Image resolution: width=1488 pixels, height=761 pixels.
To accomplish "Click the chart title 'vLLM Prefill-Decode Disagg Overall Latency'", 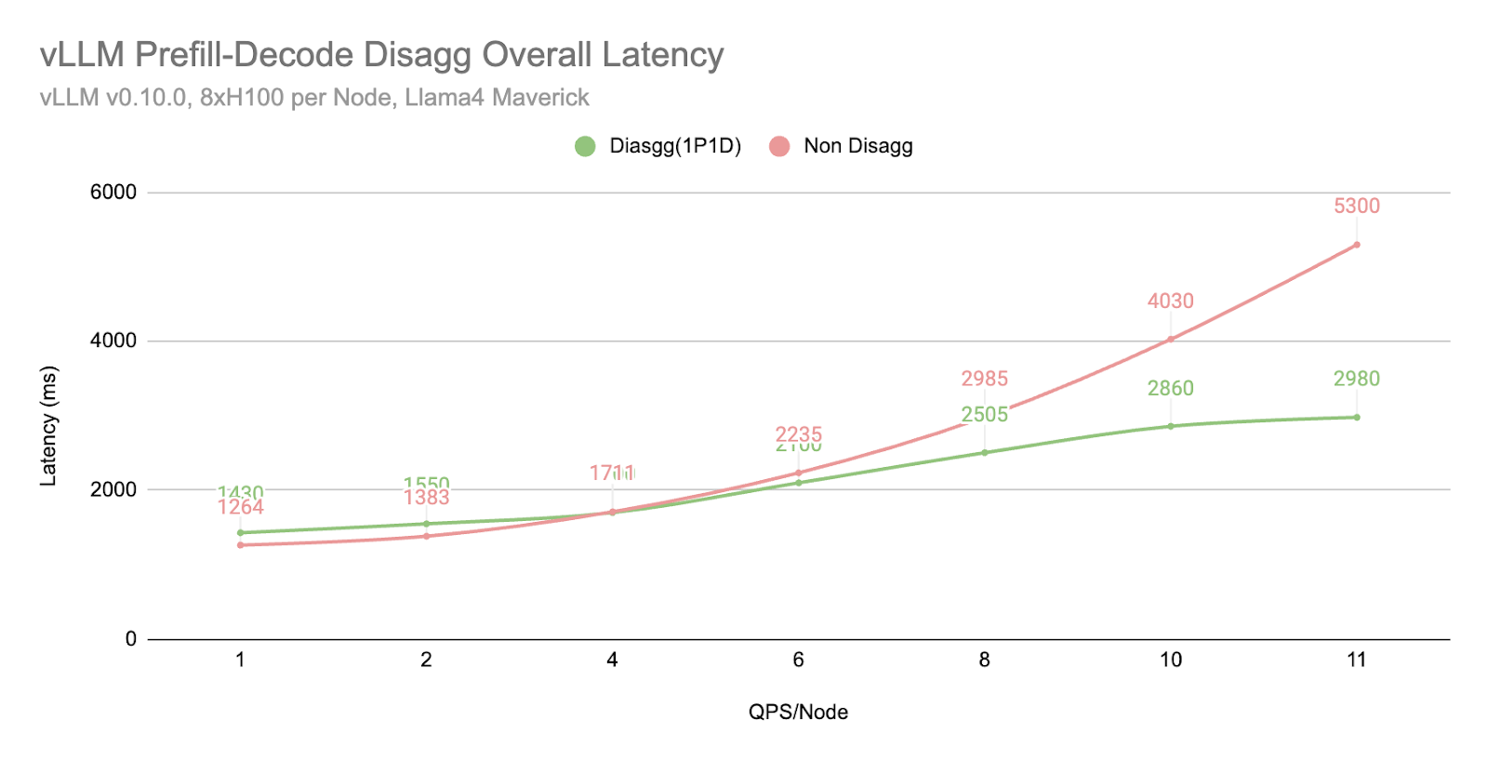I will pos(381,55).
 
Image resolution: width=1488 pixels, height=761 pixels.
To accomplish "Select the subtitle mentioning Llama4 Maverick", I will pos(314,98).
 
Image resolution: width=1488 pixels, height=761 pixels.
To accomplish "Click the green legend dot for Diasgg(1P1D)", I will pos(585,146).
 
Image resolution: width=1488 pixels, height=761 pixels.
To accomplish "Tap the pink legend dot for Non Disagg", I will pos(779,146).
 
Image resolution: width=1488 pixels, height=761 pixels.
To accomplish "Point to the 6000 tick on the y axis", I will pos(113,193).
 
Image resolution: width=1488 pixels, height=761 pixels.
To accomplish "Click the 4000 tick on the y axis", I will pos(113,340).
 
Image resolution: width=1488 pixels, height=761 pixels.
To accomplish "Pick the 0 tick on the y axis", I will pos(131,639).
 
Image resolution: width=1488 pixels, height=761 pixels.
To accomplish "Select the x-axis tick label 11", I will pos(1356,660).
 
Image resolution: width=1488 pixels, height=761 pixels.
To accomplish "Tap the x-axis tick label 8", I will pos(984,660).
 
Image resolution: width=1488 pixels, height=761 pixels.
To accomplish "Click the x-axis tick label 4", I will pos(612,660).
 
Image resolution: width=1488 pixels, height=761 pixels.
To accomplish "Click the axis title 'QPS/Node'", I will pos(798,713).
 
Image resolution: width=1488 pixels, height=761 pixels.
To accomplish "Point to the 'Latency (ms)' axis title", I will pos(48,426).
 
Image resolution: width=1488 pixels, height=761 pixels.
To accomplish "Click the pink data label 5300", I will pos(1356,207).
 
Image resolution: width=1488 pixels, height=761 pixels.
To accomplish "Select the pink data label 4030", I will pos(1170,301).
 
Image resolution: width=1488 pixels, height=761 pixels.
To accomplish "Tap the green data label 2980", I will pos(1356,379).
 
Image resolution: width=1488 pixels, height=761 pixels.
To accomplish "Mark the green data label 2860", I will pos(1170,389).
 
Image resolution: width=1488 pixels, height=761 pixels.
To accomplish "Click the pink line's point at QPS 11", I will pos(1357,245).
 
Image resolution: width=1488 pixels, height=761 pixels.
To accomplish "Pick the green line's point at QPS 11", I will pos(1357,417).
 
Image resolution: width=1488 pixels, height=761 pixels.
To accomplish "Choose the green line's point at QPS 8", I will pos(985,452).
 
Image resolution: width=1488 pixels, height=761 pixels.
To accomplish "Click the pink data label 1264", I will pos(241,508).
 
